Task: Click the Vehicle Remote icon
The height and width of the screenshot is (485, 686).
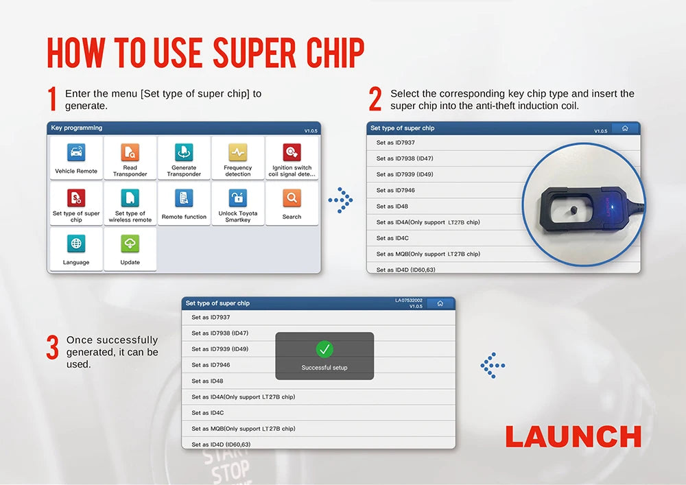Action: (76, 152)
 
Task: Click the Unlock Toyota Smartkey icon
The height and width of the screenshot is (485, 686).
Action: (237, 198)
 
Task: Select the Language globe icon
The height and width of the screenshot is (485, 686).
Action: (76, 244)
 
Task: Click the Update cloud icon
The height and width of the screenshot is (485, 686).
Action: (130, 244)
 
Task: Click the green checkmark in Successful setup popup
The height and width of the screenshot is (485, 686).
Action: (324, 349)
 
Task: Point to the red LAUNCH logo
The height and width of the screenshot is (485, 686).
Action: (573, 437)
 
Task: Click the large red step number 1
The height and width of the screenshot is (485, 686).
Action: (52, 99)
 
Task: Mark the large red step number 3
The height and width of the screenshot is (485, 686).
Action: (52, 347)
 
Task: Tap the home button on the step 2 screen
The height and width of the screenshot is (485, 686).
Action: (624, 128)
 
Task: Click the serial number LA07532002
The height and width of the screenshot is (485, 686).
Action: (409, 300)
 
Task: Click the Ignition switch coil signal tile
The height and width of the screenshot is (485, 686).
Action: (292, 158)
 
